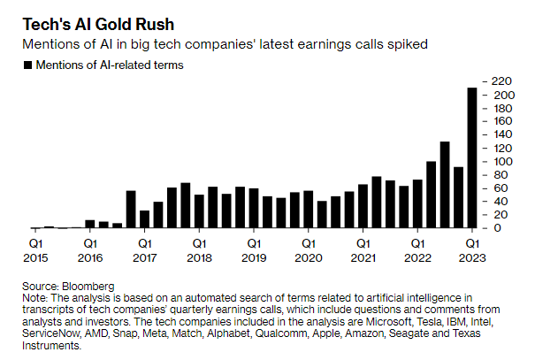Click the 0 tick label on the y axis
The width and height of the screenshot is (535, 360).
(x=496, y=227)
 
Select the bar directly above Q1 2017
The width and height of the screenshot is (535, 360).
(x=144, y=218)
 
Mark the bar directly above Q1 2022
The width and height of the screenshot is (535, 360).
(x=417, y=203)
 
